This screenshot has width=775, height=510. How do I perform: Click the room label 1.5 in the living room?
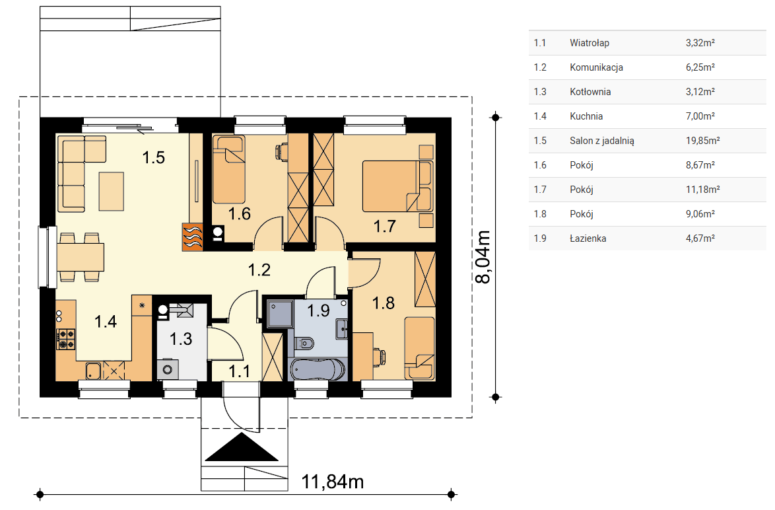coord(154,157)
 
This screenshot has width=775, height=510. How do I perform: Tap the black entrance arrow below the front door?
coord(242,447)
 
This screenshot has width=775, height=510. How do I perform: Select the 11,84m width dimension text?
coord(333,482)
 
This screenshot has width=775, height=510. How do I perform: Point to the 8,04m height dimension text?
coord(483,257)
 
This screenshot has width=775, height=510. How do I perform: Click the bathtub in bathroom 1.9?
coord(317,369)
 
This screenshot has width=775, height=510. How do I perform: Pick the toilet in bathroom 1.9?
coord(304,342)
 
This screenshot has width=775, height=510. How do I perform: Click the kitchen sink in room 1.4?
coord(94,371)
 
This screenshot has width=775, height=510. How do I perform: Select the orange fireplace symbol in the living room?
coord(193,237)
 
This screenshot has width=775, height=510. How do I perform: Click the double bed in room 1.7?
coord(397,186)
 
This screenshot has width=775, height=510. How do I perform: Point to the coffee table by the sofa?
coord(111,192)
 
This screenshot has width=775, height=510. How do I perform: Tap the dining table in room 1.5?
coord(81,257)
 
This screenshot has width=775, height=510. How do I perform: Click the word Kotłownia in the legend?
coord(590,92)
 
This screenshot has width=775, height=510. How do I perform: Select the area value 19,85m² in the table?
coord(702,141)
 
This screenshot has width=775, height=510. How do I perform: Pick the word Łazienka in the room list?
coord(588,238)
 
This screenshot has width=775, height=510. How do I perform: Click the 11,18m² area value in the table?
coord(702,190)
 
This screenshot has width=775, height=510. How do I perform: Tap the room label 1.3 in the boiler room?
coord(181,340)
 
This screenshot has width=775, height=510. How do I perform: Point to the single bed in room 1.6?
coord(229,170)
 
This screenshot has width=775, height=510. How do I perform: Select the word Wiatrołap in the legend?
coord(589,43)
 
